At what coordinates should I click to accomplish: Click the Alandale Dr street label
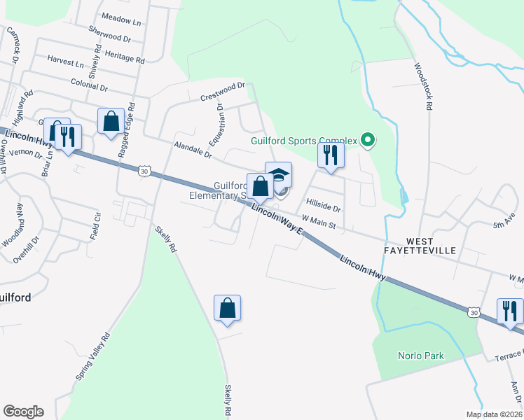click(x=193, y=148)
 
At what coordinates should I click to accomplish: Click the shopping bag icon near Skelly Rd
click(x=227, y=308)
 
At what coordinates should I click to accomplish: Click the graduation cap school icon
click(x=279, y=174)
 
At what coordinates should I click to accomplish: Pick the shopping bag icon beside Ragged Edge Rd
click(x=111, y=121)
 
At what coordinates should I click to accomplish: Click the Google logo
click(x=23, y=412)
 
